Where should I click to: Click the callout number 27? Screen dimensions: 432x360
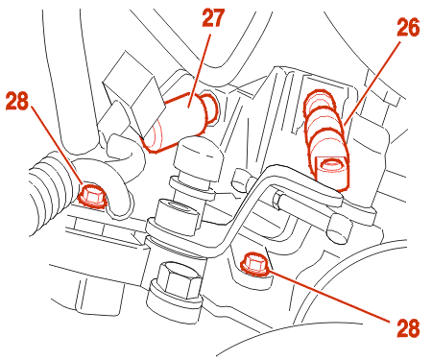[x=213, y=18]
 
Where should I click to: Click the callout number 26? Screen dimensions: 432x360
[x=408, y=28]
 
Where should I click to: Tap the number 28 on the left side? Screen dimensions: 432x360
[x=17, y=101]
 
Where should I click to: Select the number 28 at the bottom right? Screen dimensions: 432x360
[x=408, y=328]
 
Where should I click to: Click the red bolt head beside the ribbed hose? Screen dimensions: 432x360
[x=91, y=195]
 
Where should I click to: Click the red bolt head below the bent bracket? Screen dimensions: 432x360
[x=254, y=264]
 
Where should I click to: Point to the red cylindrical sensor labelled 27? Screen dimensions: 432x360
[x=180, y=122]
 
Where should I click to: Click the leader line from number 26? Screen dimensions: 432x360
[x=372, y=83]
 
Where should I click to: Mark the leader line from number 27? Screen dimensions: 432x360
[x=200, y=69]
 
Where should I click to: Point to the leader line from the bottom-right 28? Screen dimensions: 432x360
[x=328, y=295]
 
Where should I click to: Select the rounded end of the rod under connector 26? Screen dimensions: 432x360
[x=339, y=228]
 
